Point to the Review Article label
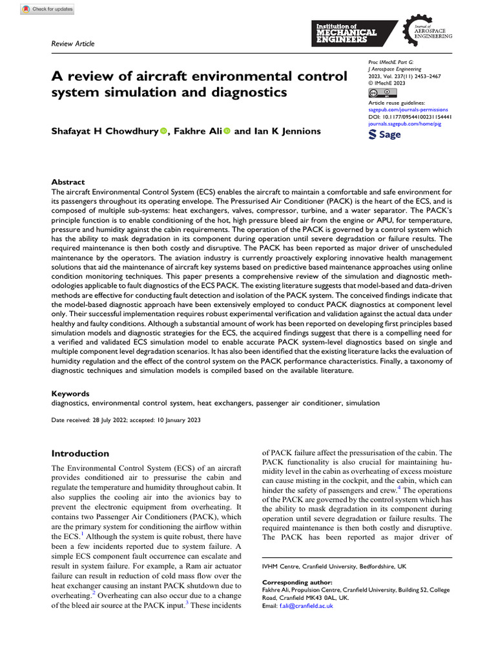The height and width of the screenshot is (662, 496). (72, 44)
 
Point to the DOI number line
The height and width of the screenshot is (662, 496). (409, 116)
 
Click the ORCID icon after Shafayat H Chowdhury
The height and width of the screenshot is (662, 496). (163, 131)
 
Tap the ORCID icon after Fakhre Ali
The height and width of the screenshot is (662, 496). (227, 131)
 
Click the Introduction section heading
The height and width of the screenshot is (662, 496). (80, 453)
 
